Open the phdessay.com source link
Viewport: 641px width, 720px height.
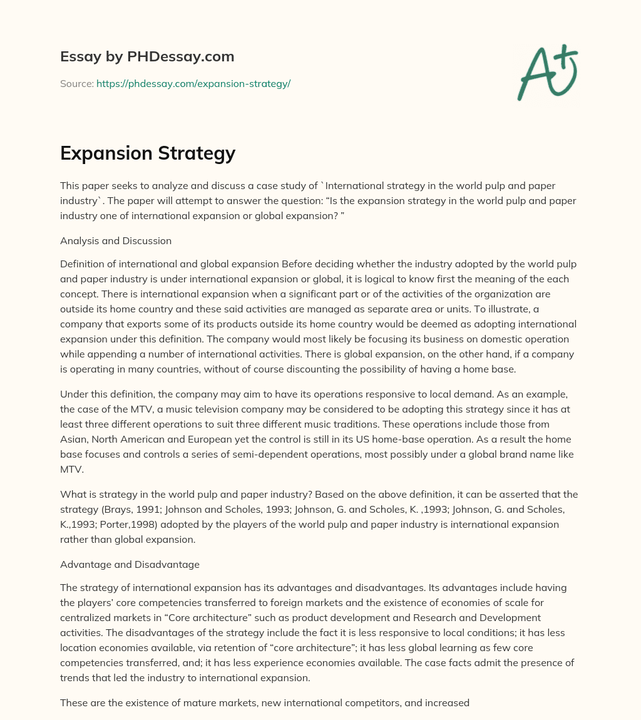193,83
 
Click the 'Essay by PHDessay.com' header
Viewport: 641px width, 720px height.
147,57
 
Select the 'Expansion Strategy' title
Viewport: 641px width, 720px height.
148,153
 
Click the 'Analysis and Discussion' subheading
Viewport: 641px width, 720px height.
116,240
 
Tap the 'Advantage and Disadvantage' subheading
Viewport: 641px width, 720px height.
130,564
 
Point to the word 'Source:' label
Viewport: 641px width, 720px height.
76,83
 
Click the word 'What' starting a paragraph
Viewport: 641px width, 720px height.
71,495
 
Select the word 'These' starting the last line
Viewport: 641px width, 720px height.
73,702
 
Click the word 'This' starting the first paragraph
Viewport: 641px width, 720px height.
70,186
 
